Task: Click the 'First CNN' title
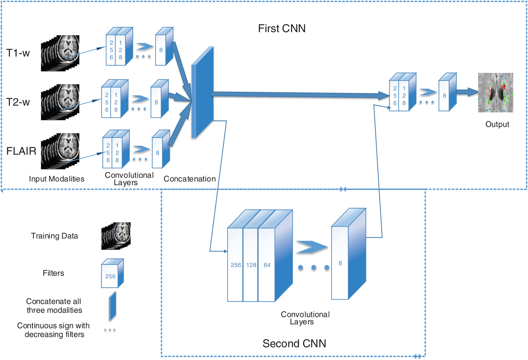point(282,29)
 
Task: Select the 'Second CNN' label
point(294,343)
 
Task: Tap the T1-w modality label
point(18,53)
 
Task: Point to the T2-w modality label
point(18,102)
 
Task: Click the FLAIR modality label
point(21,151)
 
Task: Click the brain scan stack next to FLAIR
point(60,151)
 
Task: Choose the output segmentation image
point(495,93)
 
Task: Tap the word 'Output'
point(497,124)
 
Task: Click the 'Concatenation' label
point(190,179)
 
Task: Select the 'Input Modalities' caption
point(57,179)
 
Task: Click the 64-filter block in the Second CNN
point(267,265)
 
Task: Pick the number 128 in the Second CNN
point(251,265)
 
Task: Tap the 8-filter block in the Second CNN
point(340,263)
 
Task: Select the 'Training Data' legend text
point(54,236)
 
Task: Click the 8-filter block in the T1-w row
point(161,50)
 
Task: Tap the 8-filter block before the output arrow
point(444,96)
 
